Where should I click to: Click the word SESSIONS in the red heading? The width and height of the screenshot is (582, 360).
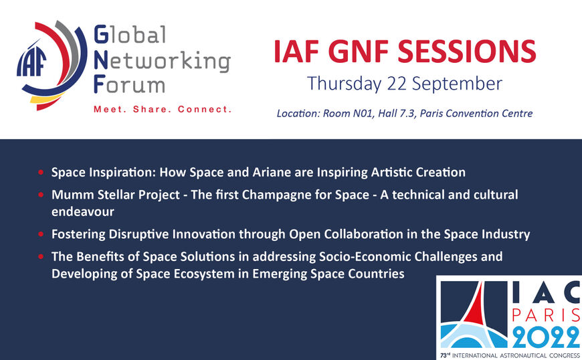coord(467,52)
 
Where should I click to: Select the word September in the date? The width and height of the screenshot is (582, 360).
coord(458,84)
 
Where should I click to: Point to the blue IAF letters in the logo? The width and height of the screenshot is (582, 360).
coord(31,62)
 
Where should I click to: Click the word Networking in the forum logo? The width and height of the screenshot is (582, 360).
coord(162,62)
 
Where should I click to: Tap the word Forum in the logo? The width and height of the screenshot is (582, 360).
coord(129,84)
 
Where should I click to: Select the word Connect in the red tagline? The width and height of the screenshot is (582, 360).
coord(205,109)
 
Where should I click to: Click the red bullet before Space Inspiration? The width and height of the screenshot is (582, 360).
coord(41,172)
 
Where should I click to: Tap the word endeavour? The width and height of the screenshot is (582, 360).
coord(83,211)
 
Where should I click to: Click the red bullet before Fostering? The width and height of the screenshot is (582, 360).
coord(41,234)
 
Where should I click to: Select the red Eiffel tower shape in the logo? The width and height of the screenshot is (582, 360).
coord(476,305)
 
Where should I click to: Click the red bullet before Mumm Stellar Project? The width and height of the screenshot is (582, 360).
coord(41,195)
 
